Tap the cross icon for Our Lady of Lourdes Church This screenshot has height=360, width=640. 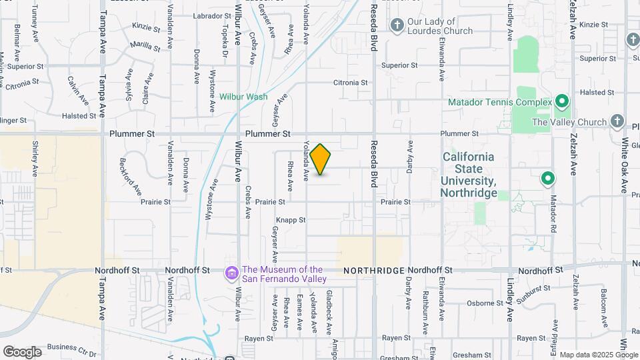[397, 26]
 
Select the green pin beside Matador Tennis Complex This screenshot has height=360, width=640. [562, 103]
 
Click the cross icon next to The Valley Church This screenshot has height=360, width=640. [617, 122]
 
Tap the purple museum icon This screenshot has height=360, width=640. [232, 273]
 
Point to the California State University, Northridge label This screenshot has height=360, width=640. [469, 175]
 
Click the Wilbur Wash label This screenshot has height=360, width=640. [244, 97]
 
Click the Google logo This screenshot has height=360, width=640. [22, 352]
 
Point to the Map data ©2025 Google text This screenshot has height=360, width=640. [598, 355]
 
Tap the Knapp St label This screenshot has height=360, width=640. [290, 219]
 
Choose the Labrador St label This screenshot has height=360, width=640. [211, 15]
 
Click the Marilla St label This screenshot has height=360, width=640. [145, 46]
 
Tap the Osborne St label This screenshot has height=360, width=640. [479, 303]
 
